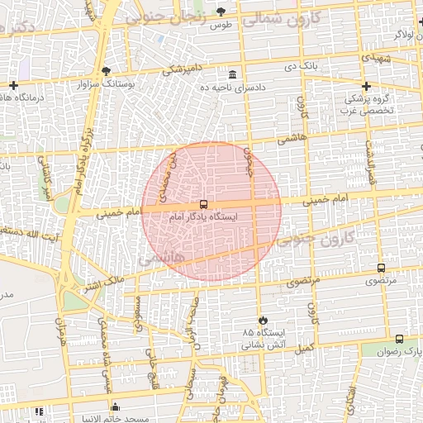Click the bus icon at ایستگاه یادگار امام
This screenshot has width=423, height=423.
tap(203, 204)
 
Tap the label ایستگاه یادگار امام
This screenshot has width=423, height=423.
tap(203, 217)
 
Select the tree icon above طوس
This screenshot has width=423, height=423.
tap(221, 12)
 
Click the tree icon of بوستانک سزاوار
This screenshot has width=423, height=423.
tap(106, 70)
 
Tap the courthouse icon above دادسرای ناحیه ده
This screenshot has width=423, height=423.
tap(232, 74)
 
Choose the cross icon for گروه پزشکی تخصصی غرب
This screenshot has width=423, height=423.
tap(366, 86)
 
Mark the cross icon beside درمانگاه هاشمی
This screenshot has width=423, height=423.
tap(14, 85)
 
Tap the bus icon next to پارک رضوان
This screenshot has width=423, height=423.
tap(400, 339)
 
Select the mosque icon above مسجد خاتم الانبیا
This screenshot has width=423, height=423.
tap(115, 406)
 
